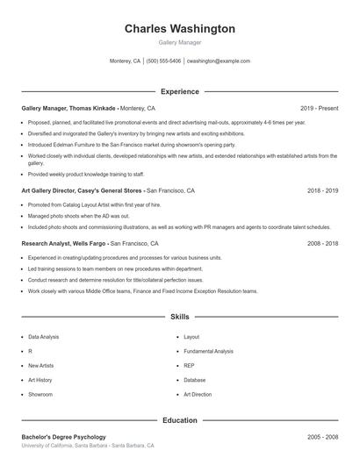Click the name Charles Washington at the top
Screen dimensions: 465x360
(179, 29)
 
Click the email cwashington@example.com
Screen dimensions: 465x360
(219, 61)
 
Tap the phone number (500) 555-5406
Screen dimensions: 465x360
(163, 61)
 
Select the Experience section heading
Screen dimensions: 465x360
(179, 91)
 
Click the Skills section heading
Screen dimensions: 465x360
(179, 316)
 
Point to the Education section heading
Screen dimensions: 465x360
(179, 420)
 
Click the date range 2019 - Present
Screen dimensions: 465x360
(319, 108)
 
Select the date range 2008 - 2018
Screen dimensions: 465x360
(322, 243)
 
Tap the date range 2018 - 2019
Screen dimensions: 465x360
(322, 190)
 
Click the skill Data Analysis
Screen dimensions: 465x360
(44, 337)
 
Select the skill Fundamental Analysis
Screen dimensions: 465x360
(208, 351)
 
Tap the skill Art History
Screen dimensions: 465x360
(40, 380)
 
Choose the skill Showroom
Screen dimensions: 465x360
(40, 395)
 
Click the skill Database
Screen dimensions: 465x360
(195, 380)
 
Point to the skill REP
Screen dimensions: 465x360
(189, 366)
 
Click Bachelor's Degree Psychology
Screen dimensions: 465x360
(63, 437)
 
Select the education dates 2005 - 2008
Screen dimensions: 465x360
(322, 437)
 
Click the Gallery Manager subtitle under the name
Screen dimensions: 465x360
(179, 42)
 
